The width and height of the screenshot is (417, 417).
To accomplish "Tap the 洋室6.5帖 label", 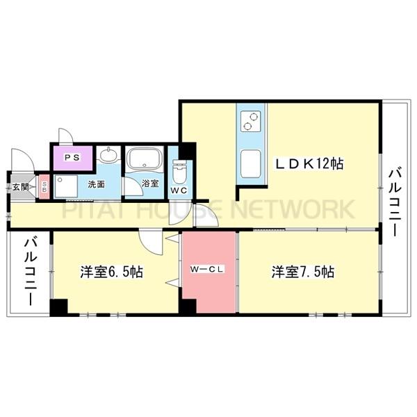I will click(x=111, y=272).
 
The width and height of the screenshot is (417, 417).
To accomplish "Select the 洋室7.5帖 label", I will click(x=303, y=271).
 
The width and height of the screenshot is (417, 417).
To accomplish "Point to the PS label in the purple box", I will click(x=72, y=158).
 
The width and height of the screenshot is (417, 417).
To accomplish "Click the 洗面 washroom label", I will click(x=96, y=185).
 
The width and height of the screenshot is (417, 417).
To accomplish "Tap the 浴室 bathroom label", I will click(x=151, y=184).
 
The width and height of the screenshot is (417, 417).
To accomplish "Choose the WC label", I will click(x=179, y=189).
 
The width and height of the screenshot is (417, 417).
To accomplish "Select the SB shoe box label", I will click(x=44, y=186).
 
